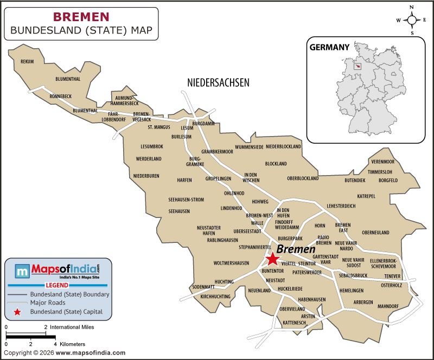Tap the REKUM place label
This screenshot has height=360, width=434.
[x=27, y=61]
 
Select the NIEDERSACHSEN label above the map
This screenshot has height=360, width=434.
[x=218, y=82]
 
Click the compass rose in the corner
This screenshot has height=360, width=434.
[x=412, y=20]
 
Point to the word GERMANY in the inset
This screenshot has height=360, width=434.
[x=329, y=47]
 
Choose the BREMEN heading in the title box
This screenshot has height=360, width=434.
[x=81, y=17]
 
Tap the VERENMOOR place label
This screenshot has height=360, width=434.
[x=383, y=162]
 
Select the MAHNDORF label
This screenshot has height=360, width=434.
[x=388, y=306]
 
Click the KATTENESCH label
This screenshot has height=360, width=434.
[x=295, y=323]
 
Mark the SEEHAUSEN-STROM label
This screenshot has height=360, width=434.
[x=186, y=200]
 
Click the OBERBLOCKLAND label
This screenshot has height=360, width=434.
[x=303, y=178]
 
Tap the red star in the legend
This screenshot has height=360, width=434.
[x=18, y=312]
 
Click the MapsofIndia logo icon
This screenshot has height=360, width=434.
[x=22, y=271]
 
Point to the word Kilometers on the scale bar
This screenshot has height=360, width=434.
[x=72, y=344]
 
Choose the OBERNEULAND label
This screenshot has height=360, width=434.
[x=375, y=233]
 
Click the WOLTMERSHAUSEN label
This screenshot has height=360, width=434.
[x=231, y=263]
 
